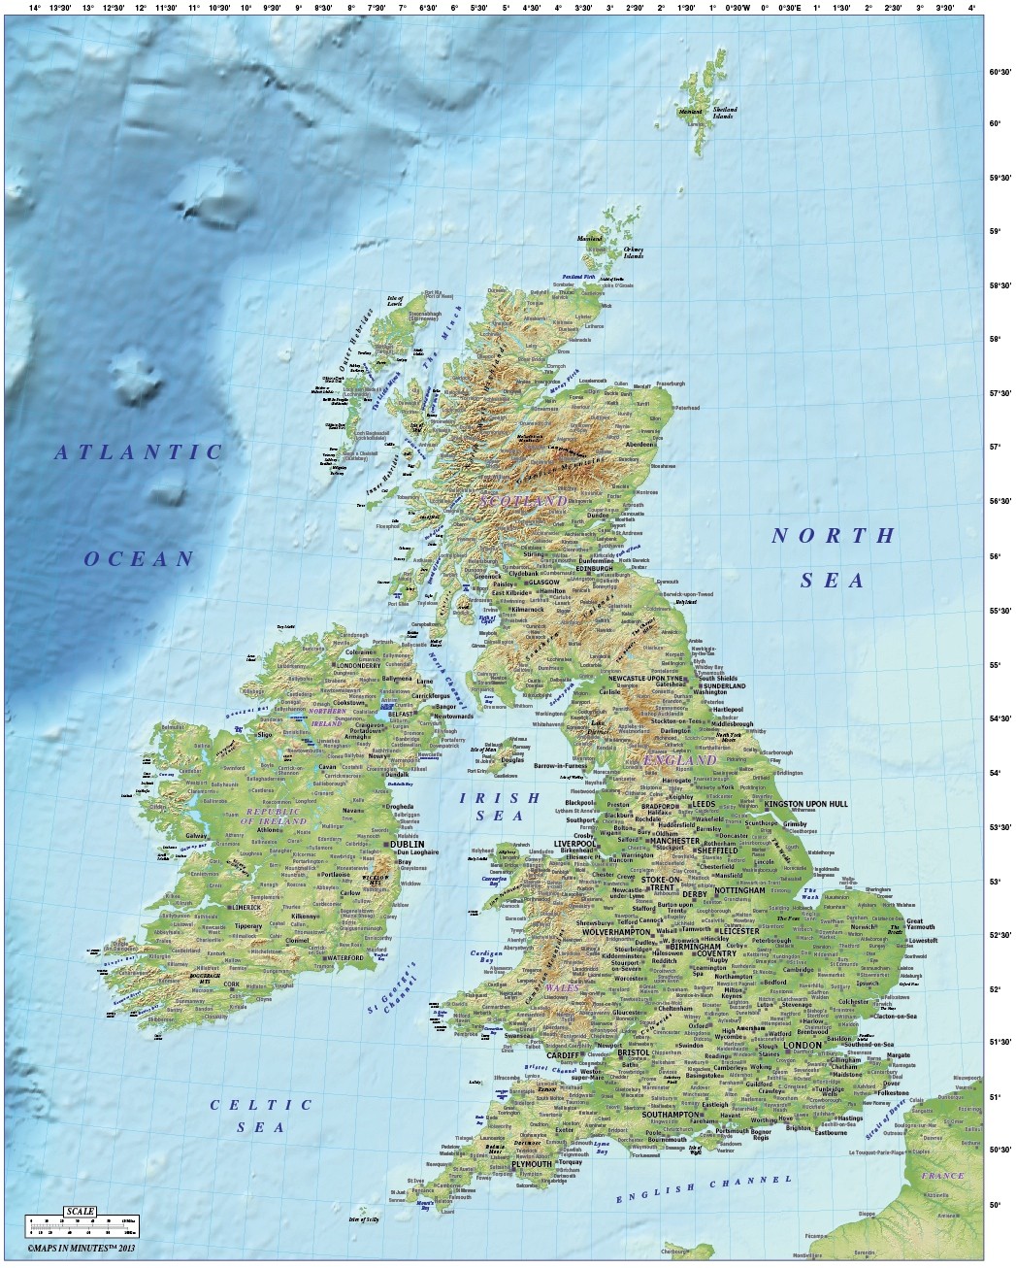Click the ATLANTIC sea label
[x=139, y=451]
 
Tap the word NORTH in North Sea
[x=833, y=535]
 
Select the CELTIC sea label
[x=262, y=1104]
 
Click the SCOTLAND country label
[x=523, y=500]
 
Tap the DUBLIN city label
[x=406, y=845]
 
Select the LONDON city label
[x=803, y=1045]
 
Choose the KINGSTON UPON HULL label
[x=805, y=805]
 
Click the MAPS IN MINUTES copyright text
[x=78, y=1245]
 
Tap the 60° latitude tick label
[x=995, y=123]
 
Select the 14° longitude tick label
[x=35, y=8]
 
